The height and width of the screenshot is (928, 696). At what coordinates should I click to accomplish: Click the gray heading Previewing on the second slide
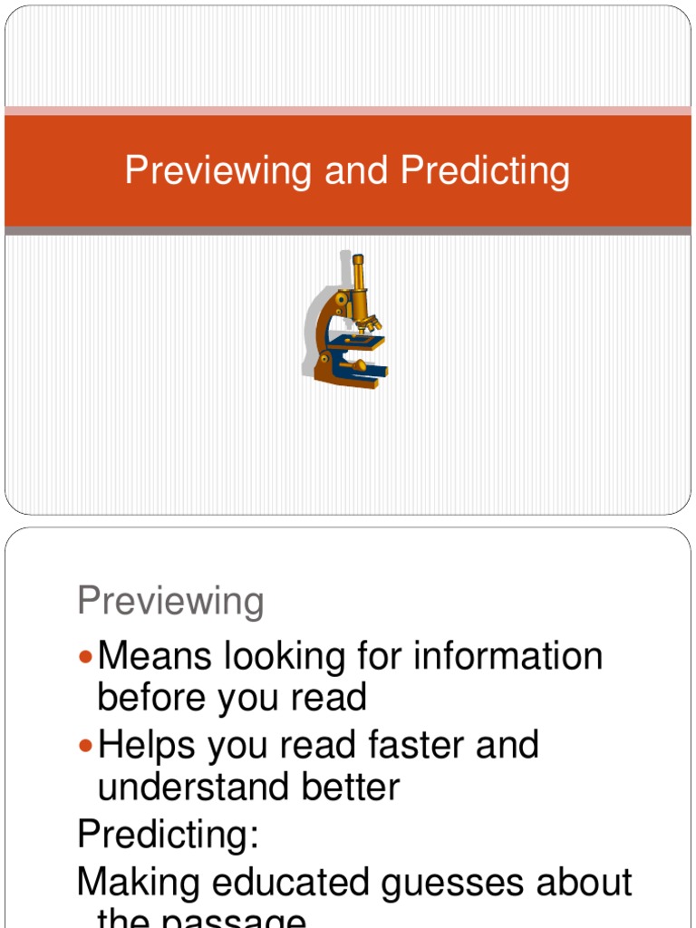[170, 601]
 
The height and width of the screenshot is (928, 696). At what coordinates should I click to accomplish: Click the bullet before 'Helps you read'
[86, 745]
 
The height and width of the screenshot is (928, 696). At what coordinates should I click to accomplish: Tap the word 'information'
[507, 655]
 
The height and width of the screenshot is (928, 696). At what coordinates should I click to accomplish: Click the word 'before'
[150, 697]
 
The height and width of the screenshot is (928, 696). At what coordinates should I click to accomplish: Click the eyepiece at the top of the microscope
[358, 260]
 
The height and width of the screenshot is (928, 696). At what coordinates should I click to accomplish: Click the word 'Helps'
[148, 745]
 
